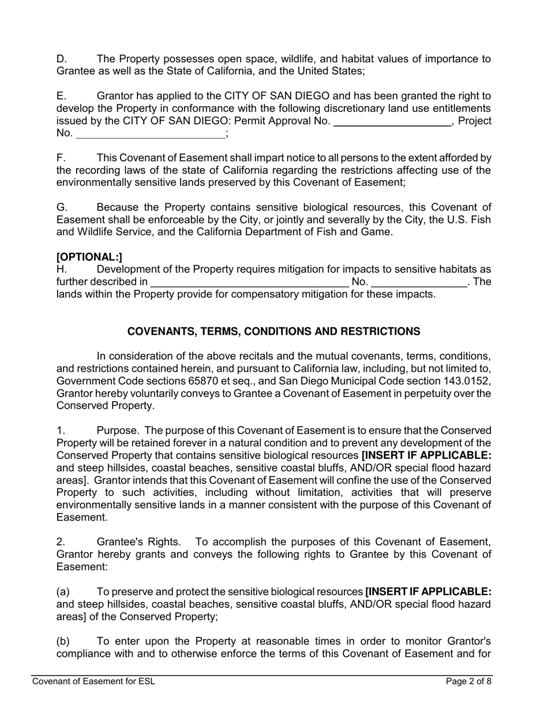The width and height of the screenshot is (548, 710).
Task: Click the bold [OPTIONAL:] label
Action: (89, 257)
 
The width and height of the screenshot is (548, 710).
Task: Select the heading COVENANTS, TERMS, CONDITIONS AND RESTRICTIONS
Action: (273, 331)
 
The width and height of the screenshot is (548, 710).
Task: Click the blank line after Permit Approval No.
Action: (392, 122)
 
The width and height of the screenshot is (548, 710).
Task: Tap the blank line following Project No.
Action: (151, 134)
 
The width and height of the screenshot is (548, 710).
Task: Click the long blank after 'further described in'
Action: (249, 282)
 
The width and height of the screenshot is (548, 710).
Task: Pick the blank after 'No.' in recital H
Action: (419, 282)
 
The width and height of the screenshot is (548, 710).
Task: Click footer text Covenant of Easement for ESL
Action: (93, 682)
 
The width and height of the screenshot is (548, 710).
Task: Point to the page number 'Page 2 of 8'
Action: (468, 682)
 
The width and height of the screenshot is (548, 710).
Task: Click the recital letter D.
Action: (62, 59)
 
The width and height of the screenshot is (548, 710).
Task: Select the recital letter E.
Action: (62, 96)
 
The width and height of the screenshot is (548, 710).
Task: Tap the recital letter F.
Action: (61, 158)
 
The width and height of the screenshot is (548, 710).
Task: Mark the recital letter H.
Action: (62, 270)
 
